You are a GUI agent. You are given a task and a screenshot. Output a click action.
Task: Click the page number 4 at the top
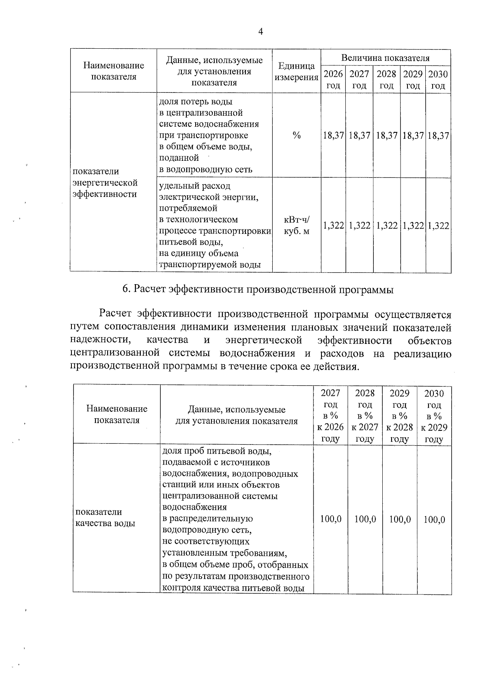point(261,32)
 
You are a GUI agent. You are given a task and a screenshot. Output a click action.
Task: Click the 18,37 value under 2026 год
point(333,136)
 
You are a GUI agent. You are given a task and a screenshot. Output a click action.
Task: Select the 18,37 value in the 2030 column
point(438,136)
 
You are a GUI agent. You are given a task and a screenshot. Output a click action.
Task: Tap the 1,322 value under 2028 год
point(387,226)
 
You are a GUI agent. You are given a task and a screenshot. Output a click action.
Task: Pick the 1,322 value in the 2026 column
point(333,226)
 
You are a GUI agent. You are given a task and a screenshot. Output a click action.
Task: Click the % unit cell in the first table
point(297,136)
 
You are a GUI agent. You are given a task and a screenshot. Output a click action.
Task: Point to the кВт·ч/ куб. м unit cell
point(297,226)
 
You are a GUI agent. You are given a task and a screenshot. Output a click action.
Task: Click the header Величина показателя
point(385,58)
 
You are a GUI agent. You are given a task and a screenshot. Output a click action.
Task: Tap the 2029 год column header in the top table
point(413,80)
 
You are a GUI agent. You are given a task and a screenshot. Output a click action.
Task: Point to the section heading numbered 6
point(258,289)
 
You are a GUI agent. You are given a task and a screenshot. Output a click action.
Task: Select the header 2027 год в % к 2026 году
point(330,416)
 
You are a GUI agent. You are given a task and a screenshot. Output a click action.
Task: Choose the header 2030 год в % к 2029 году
point(434,416)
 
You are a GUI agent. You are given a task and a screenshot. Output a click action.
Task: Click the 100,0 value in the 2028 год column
point(365,519)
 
